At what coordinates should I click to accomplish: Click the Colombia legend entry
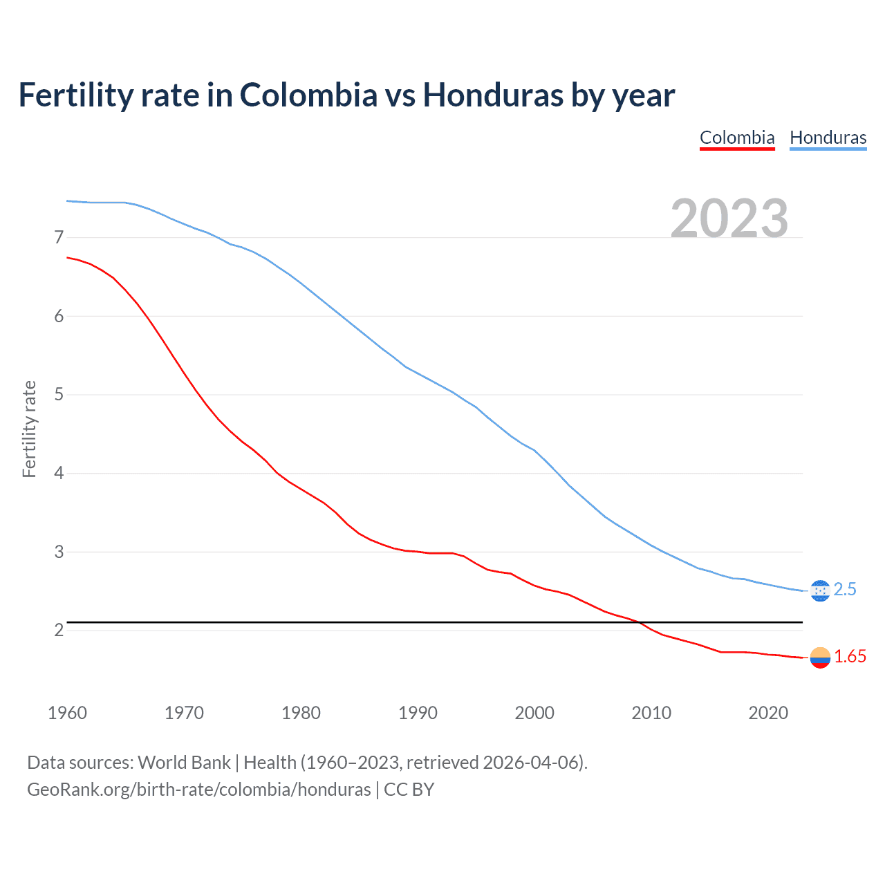coord(737,138)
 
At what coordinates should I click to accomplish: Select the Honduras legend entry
coord(828,138)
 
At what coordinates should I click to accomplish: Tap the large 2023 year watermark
coord(729,218)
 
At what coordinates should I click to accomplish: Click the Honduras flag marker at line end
coord(819,590)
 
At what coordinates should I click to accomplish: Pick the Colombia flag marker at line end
coord(819,658)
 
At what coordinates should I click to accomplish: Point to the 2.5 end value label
coord(845,589)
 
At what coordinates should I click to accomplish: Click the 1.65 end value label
coord(850,657)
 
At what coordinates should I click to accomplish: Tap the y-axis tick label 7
coord(59,238)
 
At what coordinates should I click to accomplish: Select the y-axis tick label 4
coord(59,474)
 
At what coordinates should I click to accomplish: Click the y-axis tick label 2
coord(59,631)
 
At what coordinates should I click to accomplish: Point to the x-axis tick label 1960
coord(67,713)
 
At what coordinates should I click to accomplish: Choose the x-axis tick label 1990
coord(418,713)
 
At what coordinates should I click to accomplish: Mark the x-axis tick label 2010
coord(651,713)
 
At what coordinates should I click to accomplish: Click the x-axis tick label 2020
coord(768,713)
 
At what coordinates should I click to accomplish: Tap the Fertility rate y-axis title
coord(29,429)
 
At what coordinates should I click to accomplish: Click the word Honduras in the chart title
coord(493,95)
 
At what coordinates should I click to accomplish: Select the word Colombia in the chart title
coord(308,95)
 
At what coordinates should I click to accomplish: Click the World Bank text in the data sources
coord(184,763)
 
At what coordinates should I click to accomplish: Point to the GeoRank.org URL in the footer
coord(198,790)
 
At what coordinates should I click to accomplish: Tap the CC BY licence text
coord(409,790)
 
